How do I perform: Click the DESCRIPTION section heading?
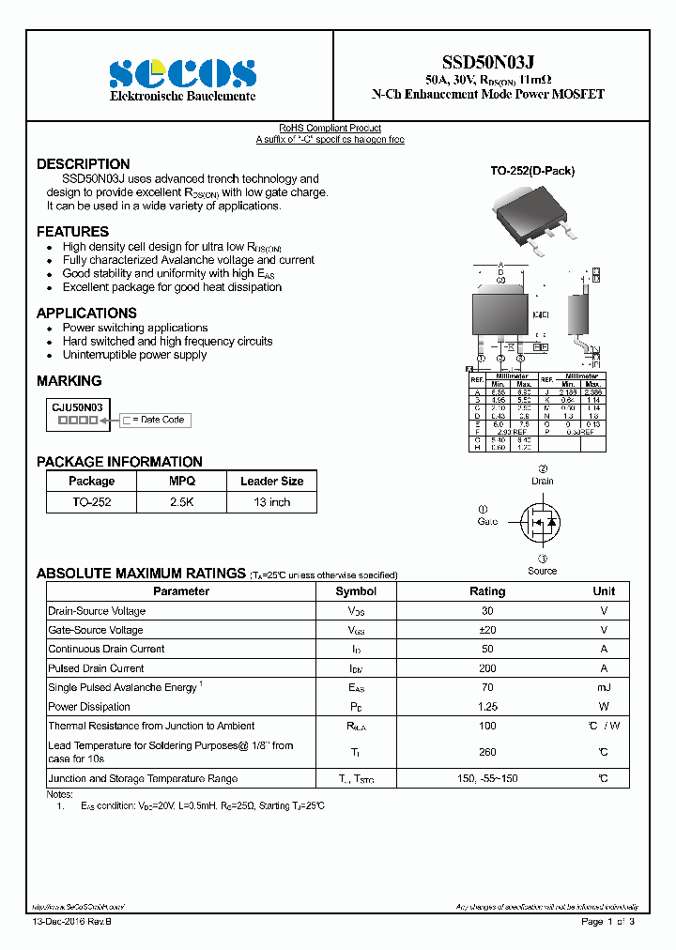tap(83, 164)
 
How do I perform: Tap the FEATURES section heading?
tap(72, 232)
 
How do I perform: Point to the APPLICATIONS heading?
tap(86, 314)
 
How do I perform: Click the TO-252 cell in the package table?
tap(91, 502)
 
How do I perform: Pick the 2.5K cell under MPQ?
tap(182, 502)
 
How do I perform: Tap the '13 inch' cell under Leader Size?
tap(271, 502)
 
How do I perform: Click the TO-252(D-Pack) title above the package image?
tap(532, 171)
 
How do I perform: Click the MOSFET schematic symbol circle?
tap(540, 521)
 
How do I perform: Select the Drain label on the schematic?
tap(543, 481)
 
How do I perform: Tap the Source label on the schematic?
tap(542, 571)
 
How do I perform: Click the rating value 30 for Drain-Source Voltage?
tap(486, 611)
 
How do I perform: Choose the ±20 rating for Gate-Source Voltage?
tap(486, 630)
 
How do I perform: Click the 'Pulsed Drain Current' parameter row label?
tap(96, 668)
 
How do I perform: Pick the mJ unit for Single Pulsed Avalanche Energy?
tap(604, 687)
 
